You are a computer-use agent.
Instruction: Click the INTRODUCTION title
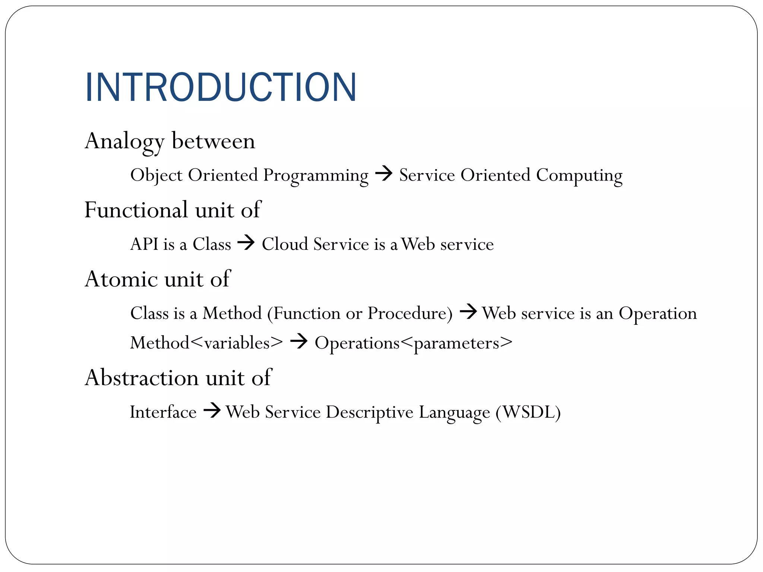[221, 87]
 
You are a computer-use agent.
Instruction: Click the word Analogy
[124, 142]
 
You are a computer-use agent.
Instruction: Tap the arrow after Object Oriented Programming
[384, 174]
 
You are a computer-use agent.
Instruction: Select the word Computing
[579, 175]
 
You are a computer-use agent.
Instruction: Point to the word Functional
[136, 210]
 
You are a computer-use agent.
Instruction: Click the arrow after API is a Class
[246, 243]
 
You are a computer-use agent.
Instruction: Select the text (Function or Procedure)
[360, 313]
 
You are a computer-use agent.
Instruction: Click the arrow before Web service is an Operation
[468, 312]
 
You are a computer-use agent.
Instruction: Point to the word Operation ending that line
[658, 314]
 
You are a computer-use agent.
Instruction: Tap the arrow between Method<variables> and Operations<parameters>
[298, 341]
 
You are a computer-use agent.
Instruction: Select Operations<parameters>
[413, 343]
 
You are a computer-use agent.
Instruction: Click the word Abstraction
[142, 378]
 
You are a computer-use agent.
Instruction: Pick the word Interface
[163, 412]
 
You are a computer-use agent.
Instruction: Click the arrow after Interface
[212, 411]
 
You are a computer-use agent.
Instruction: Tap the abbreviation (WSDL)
[528, 412]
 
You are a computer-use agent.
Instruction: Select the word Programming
[316, 175]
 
